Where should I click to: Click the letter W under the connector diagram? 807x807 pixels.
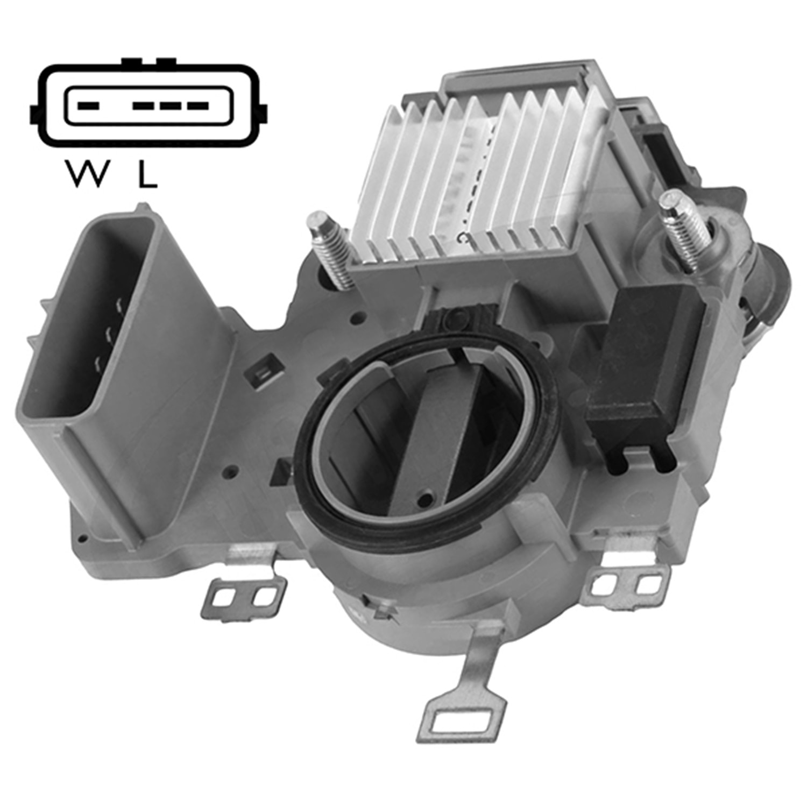click(x=84, y=173)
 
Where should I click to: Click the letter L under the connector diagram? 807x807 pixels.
click(x=147, y=173)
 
